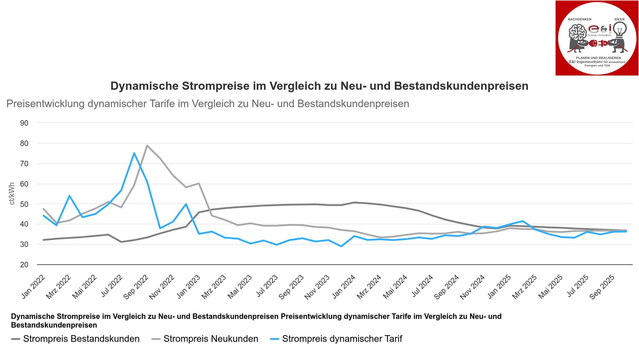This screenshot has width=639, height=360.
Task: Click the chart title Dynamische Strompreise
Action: [x=319, y=86]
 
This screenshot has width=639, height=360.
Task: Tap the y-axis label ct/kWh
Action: [x=12, y=193]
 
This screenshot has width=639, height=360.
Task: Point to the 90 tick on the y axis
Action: [x=24, y=123]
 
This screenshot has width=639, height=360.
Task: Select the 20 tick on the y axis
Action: [x=24, y=265]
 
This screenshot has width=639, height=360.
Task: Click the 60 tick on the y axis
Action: [x=24, y=184]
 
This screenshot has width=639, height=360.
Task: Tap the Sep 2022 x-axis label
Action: [x=136, y=287]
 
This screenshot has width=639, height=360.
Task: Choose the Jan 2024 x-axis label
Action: [x=344, y=287]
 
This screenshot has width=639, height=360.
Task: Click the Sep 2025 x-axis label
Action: [x=602, y=287]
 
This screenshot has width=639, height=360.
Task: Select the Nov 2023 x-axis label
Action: [x=317, y=287]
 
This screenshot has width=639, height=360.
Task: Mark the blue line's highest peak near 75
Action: [x=134, y=153]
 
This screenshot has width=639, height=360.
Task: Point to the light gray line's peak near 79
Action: [x=147, y=146]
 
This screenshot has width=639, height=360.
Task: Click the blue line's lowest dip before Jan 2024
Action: [x=341, y=246]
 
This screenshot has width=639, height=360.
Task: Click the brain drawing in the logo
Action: [x=577, y=33]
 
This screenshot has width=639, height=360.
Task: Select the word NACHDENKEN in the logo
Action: [x=579, y=19]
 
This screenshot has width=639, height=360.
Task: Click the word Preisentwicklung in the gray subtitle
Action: [x=45, y=104]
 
